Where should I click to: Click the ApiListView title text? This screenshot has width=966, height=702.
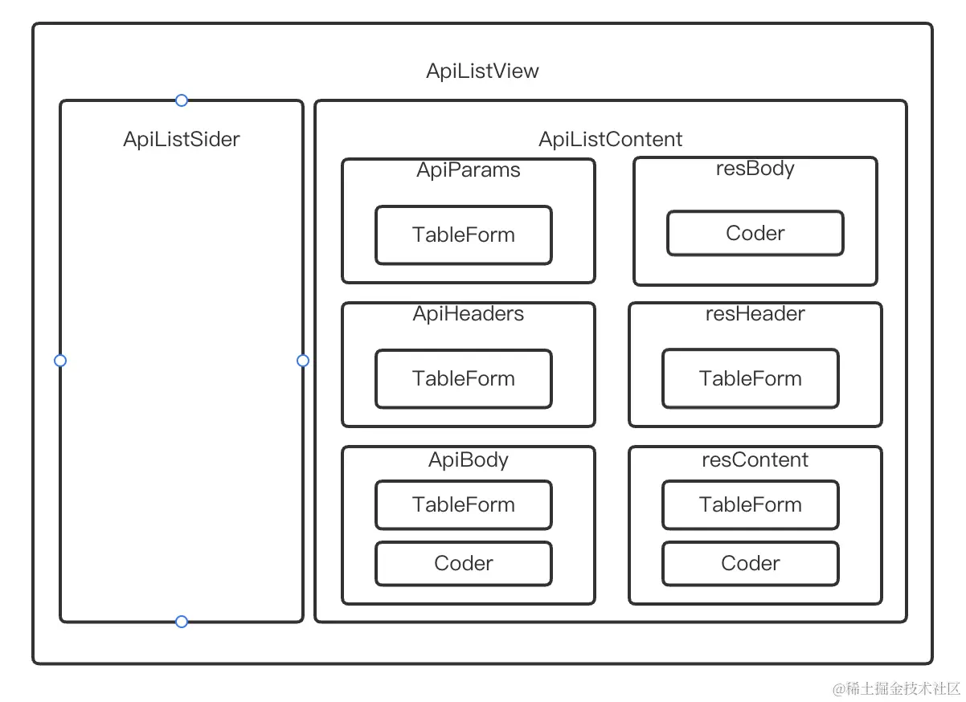pyautogui.click(x=482, y=71)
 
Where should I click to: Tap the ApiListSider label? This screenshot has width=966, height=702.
pyautogui.click(x=181, y=139)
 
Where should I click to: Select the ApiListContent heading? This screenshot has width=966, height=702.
pyautogui.click(x=610, y=139)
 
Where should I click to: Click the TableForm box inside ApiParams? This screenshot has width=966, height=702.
pyautogui.click(x=464, y=235)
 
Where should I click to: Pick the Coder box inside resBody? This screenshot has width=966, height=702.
pyautogui.click(x=755, y=233)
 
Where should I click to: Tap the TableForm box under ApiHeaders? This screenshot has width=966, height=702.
pyautogui.click(x=464, y=379)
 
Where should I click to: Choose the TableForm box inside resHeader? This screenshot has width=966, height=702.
pyautogui.click(x=751, y=379)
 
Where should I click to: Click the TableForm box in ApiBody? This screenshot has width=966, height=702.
pyautogui.click(x=464, y=504)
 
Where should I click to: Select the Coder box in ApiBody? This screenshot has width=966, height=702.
pyautogui.click(x=464, y=563)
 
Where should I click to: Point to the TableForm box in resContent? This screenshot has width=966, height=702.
pyautogui.click(x=751, y=504)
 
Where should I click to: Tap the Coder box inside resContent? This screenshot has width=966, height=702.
pyautogui.click(x=751, y=563)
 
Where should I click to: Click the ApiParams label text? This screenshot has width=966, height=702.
pyautogui.click(x=469, y=170)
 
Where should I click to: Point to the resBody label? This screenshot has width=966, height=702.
pyautogui.click(x=755, y=169)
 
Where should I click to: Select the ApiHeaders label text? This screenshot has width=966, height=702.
pyautogui.click(x=469, y=313)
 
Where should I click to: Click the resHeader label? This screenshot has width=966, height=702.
pyautogui.click(x=755, y=313)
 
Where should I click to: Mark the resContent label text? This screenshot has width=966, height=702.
pyautogui.click(x=755, y=459)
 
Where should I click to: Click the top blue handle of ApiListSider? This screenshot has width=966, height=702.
pyautogui.click(x=182, y=100)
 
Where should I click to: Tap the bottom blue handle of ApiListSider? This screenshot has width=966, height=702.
pyautogui.click(x=182, y=622)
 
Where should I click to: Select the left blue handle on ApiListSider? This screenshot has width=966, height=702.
pyautogui.click(x=60, y=361)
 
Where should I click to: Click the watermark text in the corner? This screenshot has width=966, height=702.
pyautogui.click(x=896, y=688)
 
